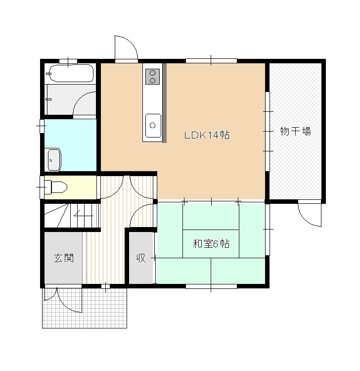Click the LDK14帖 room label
tap(207, 135)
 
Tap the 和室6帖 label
tap(211, 243)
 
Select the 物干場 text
tap(295, 131)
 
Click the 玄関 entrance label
tap(64, 258)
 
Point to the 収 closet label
tap(141, 258)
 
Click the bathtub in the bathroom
tap(70, 73)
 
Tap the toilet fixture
tap(56, 187)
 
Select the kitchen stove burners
tap(153, 77)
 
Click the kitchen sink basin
tap(153, 126)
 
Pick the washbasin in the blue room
tap(54, 159)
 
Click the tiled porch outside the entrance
tap(85, 308)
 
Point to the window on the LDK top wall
tap(211, 61)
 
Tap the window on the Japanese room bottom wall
tap(211, 286)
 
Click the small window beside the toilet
tap(42, 187)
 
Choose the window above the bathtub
tap(68, 61)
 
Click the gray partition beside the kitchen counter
tap(165, 103)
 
